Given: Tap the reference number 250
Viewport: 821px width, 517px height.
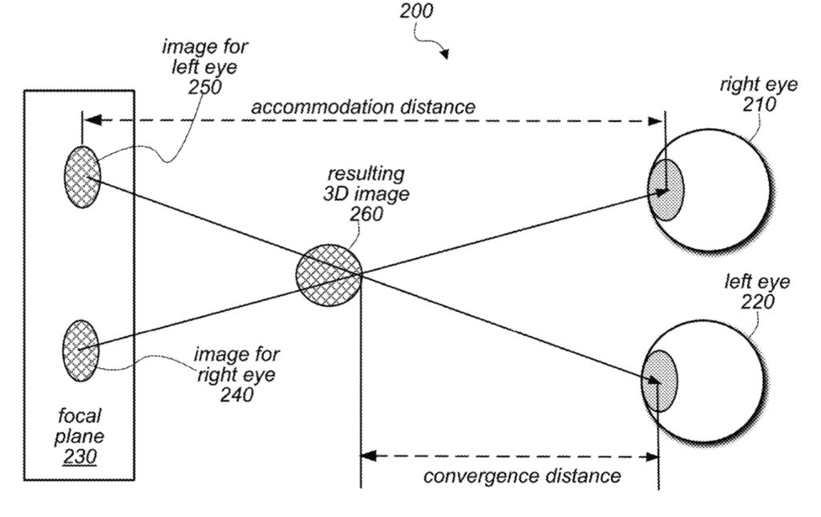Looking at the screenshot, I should (x=205, y=86).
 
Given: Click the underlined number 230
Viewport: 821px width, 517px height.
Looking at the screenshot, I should (x=80, y=456).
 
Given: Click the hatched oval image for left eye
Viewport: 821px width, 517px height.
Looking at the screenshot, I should (x=82, y=177).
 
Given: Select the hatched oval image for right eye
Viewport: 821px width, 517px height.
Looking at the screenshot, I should (x=80, y=350).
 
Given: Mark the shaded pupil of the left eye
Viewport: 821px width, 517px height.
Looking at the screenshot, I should (x=660, y=381).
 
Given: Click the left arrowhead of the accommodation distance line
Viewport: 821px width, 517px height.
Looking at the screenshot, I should (x=91, y=121).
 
